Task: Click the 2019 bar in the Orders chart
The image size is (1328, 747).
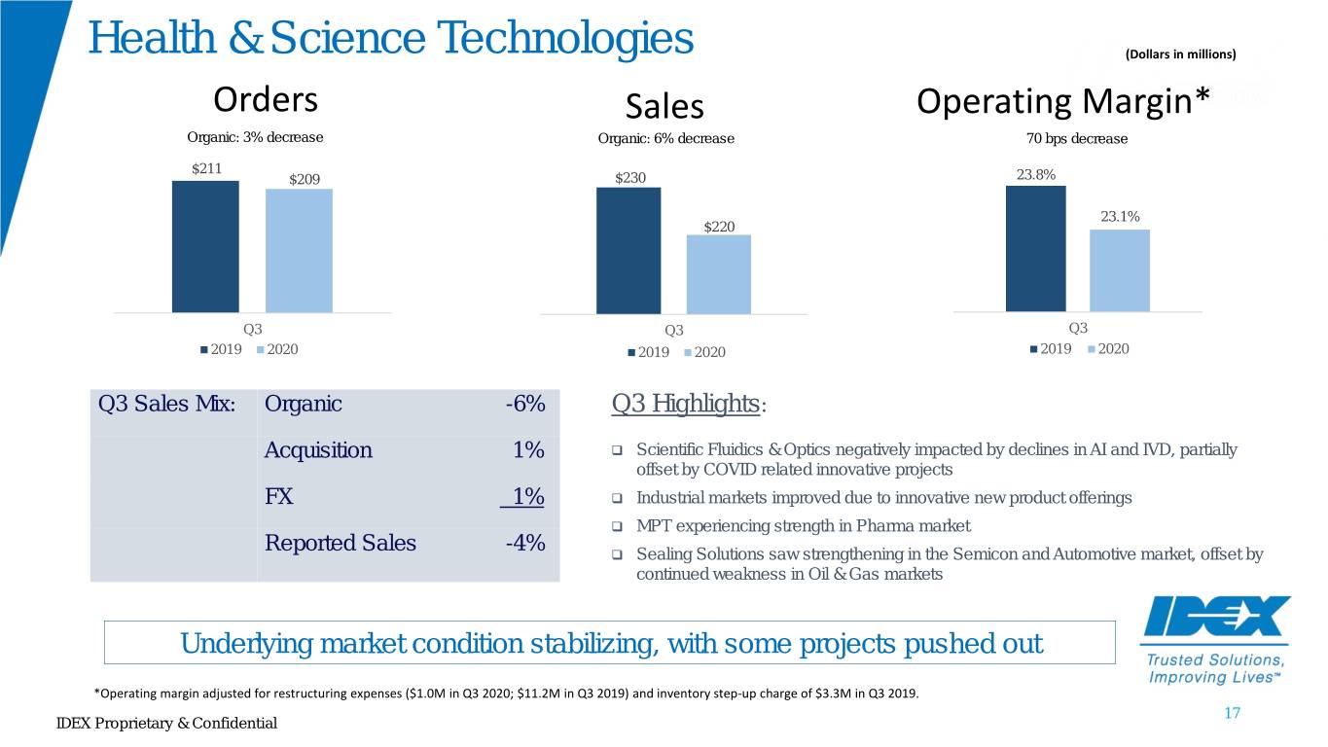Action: (205, 247)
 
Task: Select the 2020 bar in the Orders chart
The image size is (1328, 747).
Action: (299, 251)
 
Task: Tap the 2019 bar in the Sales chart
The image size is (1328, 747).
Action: (628, 251)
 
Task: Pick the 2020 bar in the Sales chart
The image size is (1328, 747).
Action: (719, 274)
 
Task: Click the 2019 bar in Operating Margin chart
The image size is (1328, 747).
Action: (1036, 249)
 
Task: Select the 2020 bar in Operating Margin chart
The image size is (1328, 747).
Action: (1120, 270)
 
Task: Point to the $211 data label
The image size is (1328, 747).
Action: (207, 168)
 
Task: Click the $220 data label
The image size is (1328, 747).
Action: (719, 227)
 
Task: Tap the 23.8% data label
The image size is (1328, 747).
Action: (1036, 174)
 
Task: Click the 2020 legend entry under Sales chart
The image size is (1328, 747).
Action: (705, 352)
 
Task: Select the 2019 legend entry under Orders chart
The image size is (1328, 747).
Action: (221, 349)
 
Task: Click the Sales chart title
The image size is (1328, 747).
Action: (664, 107)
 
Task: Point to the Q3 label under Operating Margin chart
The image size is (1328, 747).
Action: (1078, 328)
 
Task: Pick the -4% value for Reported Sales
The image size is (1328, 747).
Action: (525, 543)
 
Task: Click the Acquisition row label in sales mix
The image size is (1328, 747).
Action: (318, 450)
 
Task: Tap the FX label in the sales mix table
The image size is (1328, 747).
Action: (278, 496)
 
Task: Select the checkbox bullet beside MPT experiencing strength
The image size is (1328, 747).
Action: (617, 526)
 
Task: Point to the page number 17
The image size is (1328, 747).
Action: (1232, 713)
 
